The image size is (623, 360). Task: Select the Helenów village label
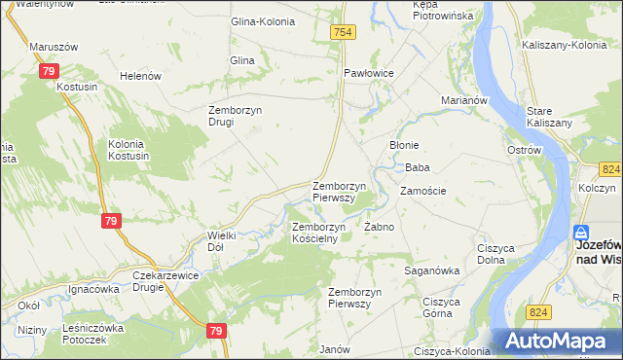click(137, 76)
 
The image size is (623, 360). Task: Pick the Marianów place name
click(462, 100)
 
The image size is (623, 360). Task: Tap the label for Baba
click(418, 167)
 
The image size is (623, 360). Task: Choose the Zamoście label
click(422, 191)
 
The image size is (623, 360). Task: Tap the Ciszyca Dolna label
click(496, 254)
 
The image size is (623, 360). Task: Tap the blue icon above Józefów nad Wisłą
click(581, 234)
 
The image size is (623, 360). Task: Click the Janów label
click(335, 348)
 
